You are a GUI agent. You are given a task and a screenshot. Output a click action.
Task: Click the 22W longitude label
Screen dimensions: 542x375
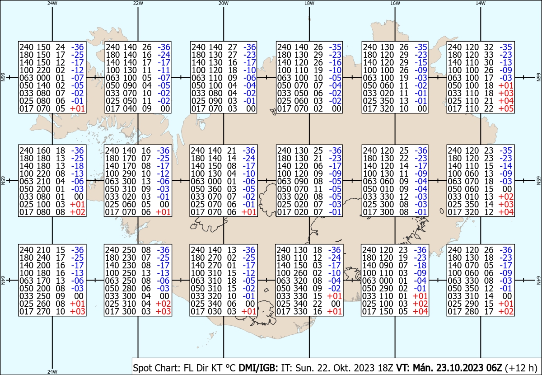coord(138,4)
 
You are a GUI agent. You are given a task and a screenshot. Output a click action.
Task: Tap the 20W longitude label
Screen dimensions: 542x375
coord(224,4)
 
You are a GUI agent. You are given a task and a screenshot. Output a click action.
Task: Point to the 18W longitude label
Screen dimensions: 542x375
coord(309,4)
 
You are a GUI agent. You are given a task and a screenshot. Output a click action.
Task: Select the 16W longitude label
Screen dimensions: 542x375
coord(395,4)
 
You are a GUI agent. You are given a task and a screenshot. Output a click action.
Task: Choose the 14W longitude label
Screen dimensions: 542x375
coord(481,4)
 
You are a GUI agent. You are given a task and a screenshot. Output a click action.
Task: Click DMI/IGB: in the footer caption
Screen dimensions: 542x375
coord(258,368)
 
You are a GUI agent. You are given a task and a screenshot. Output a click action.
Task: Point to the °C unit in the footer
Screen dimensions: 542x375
coord(230,368)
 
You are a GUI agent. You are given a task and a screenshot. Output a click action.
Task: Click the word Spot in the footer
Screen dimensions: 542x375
coord(142,368)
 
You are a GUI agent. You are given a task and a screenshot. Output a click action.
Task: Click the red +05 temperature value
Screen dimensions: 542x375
coord(506,109)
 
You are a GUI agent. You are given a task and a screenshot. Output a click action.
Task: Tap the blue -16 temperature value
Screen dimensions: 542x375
coord(335,62)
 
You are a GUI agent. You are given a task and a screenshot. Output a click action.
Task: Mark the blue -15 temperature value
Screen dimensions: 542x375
coord(421,62)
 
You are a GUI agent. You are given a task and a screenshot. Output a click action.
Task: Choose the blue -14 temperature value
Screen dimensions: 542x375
coord(506,166)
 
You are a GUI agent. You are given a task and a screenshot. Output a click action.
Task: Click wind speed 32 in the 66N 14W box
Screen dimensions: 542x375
coord(489,47)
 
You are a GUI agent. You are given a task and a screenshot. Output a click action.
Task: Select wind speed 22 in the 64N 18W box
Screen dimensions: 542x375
coord(318,304)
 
